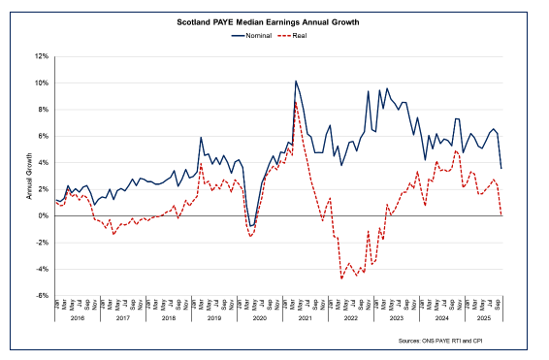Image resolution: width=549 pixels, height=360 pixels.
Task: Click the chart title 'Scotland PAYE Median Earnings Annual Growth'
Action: coord(274,20)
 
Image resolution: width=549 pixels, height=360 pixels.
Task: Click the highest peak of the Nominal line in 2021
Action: coord(295,82)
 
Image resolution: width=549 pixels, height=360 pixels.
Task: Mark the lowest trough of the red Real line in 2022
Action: coord(341,278)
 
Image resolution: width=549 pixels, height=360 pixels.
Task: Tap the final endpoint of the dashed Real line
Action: coord(501,215)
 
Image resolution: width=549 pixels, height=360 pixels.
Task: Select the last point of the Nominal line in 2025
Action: coord(501,169)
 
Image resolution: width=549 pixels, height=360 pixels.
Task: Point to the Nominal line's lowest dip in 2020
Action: coord(249,226)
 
